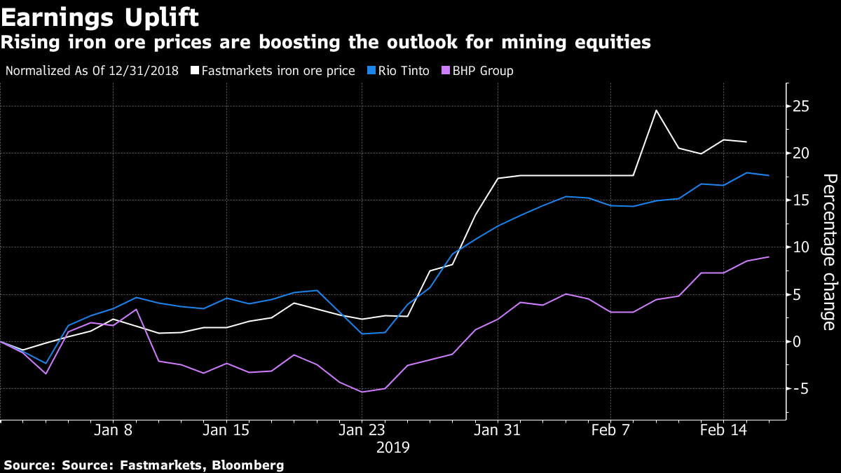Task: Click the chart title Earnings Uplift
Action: coord(100,16)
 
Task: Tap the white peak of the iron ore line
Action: coord(656,111)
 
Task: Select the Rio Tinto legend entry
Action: coord(403,71)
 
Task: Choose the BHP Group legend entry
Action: coord(481,71)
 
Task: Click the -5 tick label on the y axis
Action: coord(800,389)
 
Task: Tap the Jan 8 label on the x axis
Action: coord(114,430)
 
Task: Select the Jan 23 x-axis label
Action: coord(362,430)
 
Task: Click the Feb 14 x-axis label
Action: coord(723,430)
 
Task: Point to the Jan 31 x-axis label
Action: coord(497,430)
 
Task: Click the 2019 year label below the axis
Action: coord(392,446)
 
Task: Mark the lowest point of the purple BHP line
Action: coord(362,392)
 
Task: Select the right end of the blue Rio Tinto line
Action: coord(769,175)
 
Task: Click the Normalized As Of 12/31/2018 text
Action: coord(91,71)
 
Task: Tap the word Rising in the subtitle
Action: coord(26,43)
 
